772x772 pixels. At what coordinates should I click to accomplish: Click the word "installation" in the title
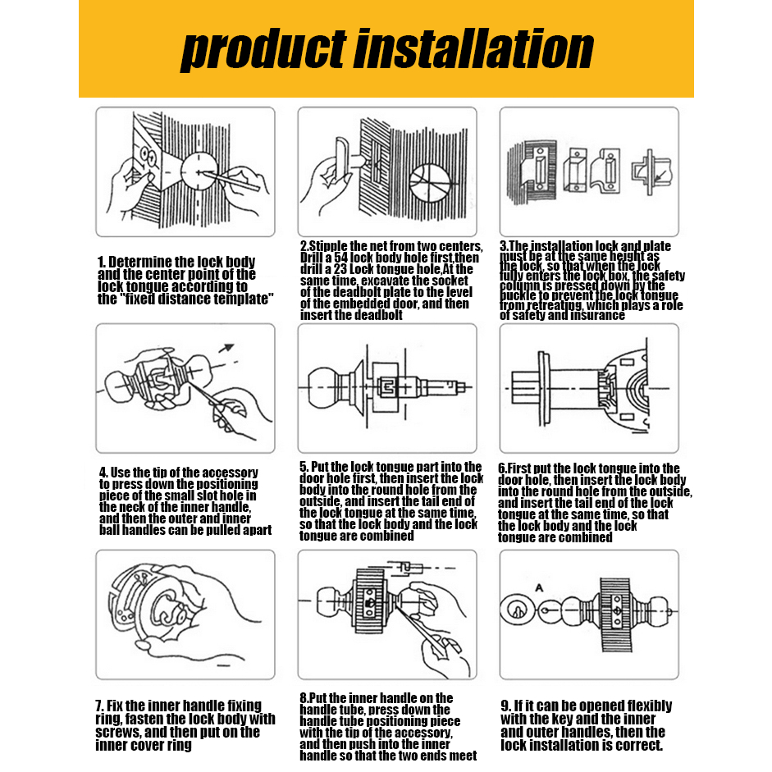point(474,48)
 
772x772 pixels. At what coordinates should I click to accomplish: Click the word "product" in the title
point(263,51)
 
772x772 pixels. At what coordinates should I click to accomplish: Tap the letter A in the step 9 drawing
point(539,588)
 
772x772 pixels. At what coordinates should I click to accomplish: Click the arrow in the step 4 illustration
point(226,348)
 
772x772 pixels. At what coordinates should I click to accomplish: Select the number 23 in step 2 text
point(340,269)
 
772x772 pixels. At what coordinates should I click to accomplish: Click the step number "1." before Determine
point(101,262)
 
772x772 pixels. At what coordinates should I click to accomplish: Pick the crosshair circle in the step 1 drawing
point(199,171)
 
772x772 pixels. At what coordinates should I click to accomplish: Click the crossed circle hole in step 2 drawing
point(429,183)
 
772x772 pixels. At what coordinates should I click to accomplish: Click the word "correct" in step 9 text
point(638,746)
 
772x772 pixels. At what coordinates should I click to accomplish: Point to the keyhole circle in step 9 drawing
point(514,610)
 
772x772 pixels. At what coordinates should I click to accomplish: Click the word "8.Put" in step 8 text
point(313,698)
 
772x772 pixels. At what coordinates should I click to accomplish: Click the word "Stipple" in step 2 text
point(329,246)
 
